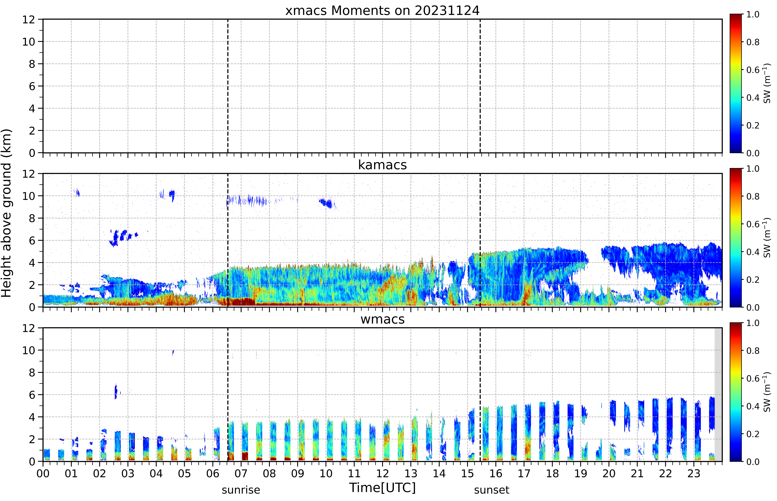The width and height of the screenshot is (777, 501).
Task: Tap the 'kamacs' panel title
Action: [382, 165]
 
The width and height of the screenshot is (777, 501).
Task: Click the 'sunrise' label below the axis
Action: [241, 490]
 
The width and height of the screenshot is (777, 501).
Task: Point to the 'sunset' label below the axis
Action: [492, 490]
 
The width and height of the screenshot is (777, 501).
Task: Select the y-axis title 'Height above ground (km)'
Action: [6, 213]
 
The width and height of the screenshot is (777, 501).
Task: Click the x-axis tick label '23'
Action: [694, 473]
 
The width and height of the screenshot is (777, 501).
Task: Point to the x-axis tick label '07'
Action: [241, 473]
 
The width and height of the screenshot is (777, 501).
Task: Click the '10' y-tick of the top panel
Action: [29, 42]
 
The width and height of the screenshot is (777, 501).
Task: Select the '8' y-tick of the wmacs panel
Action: [32, 373]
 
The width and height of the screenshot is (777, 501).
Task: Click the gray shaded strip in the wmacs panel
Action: [718, 395]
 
